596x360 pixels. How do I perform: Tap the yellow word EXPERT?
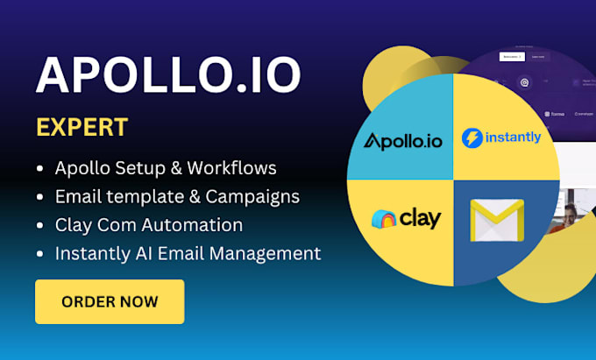pos(82,127)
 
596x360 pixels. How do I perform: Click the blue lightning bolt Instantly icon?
pos(473,138)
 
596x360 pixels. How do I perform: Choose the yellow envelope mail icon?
pos(495,220)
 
